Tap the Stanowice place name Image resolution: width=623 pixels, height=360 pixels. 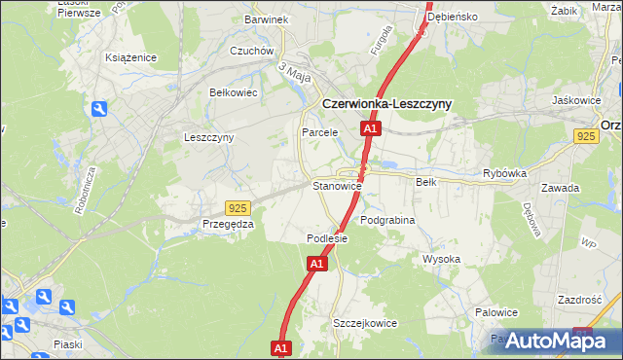pos(337,185)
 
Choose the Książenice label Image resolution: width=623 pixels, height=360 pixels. pos(131,57)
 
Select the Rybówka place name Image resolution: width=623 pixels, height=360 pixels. pos(504,175)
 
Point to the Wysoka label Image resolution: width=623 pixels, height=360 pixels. pos(441,259)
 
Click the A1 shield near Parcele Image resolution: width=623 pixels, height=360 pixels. pos(370,128)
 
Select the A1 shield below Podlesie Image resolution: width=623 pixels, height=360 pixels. pos(316,263)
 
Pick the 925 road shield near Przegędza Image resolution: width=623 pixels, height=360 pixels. pos(238,207)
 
